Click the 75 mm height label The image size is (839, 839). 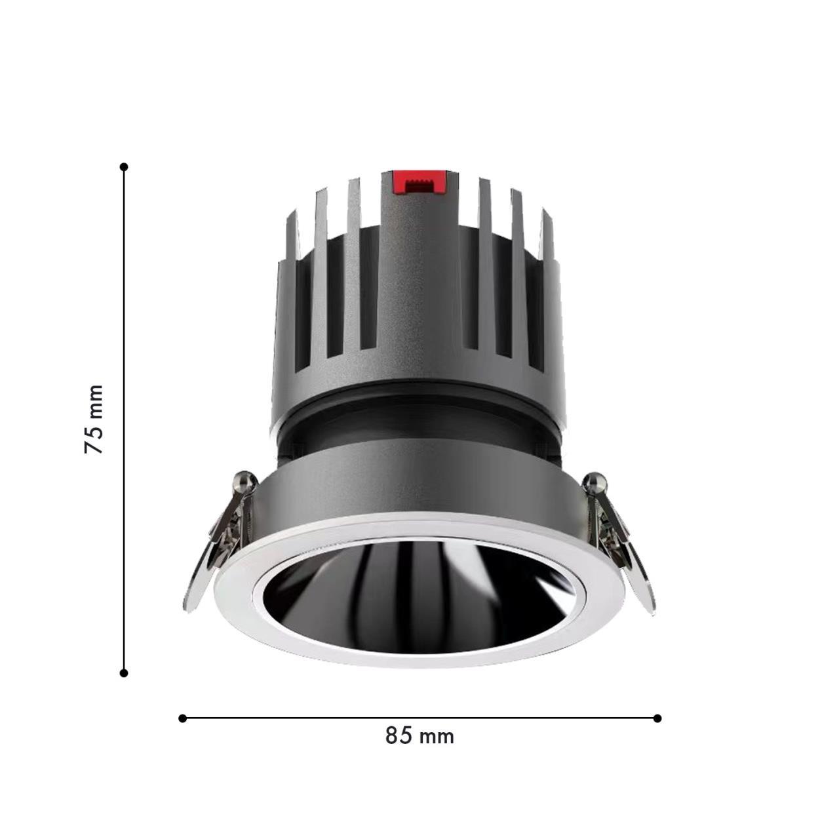tap(94, 419)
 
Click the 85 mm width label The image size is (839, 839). tap(419, 736)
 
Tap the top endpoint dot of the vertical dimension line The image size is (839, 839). tap(124, 167)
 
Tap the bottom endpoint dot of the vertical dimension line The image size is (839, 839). tap(124, 673)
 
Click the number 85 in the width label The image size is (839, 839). tap(399, 736)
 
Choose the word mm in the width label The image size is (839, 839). tap(437, 737)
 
